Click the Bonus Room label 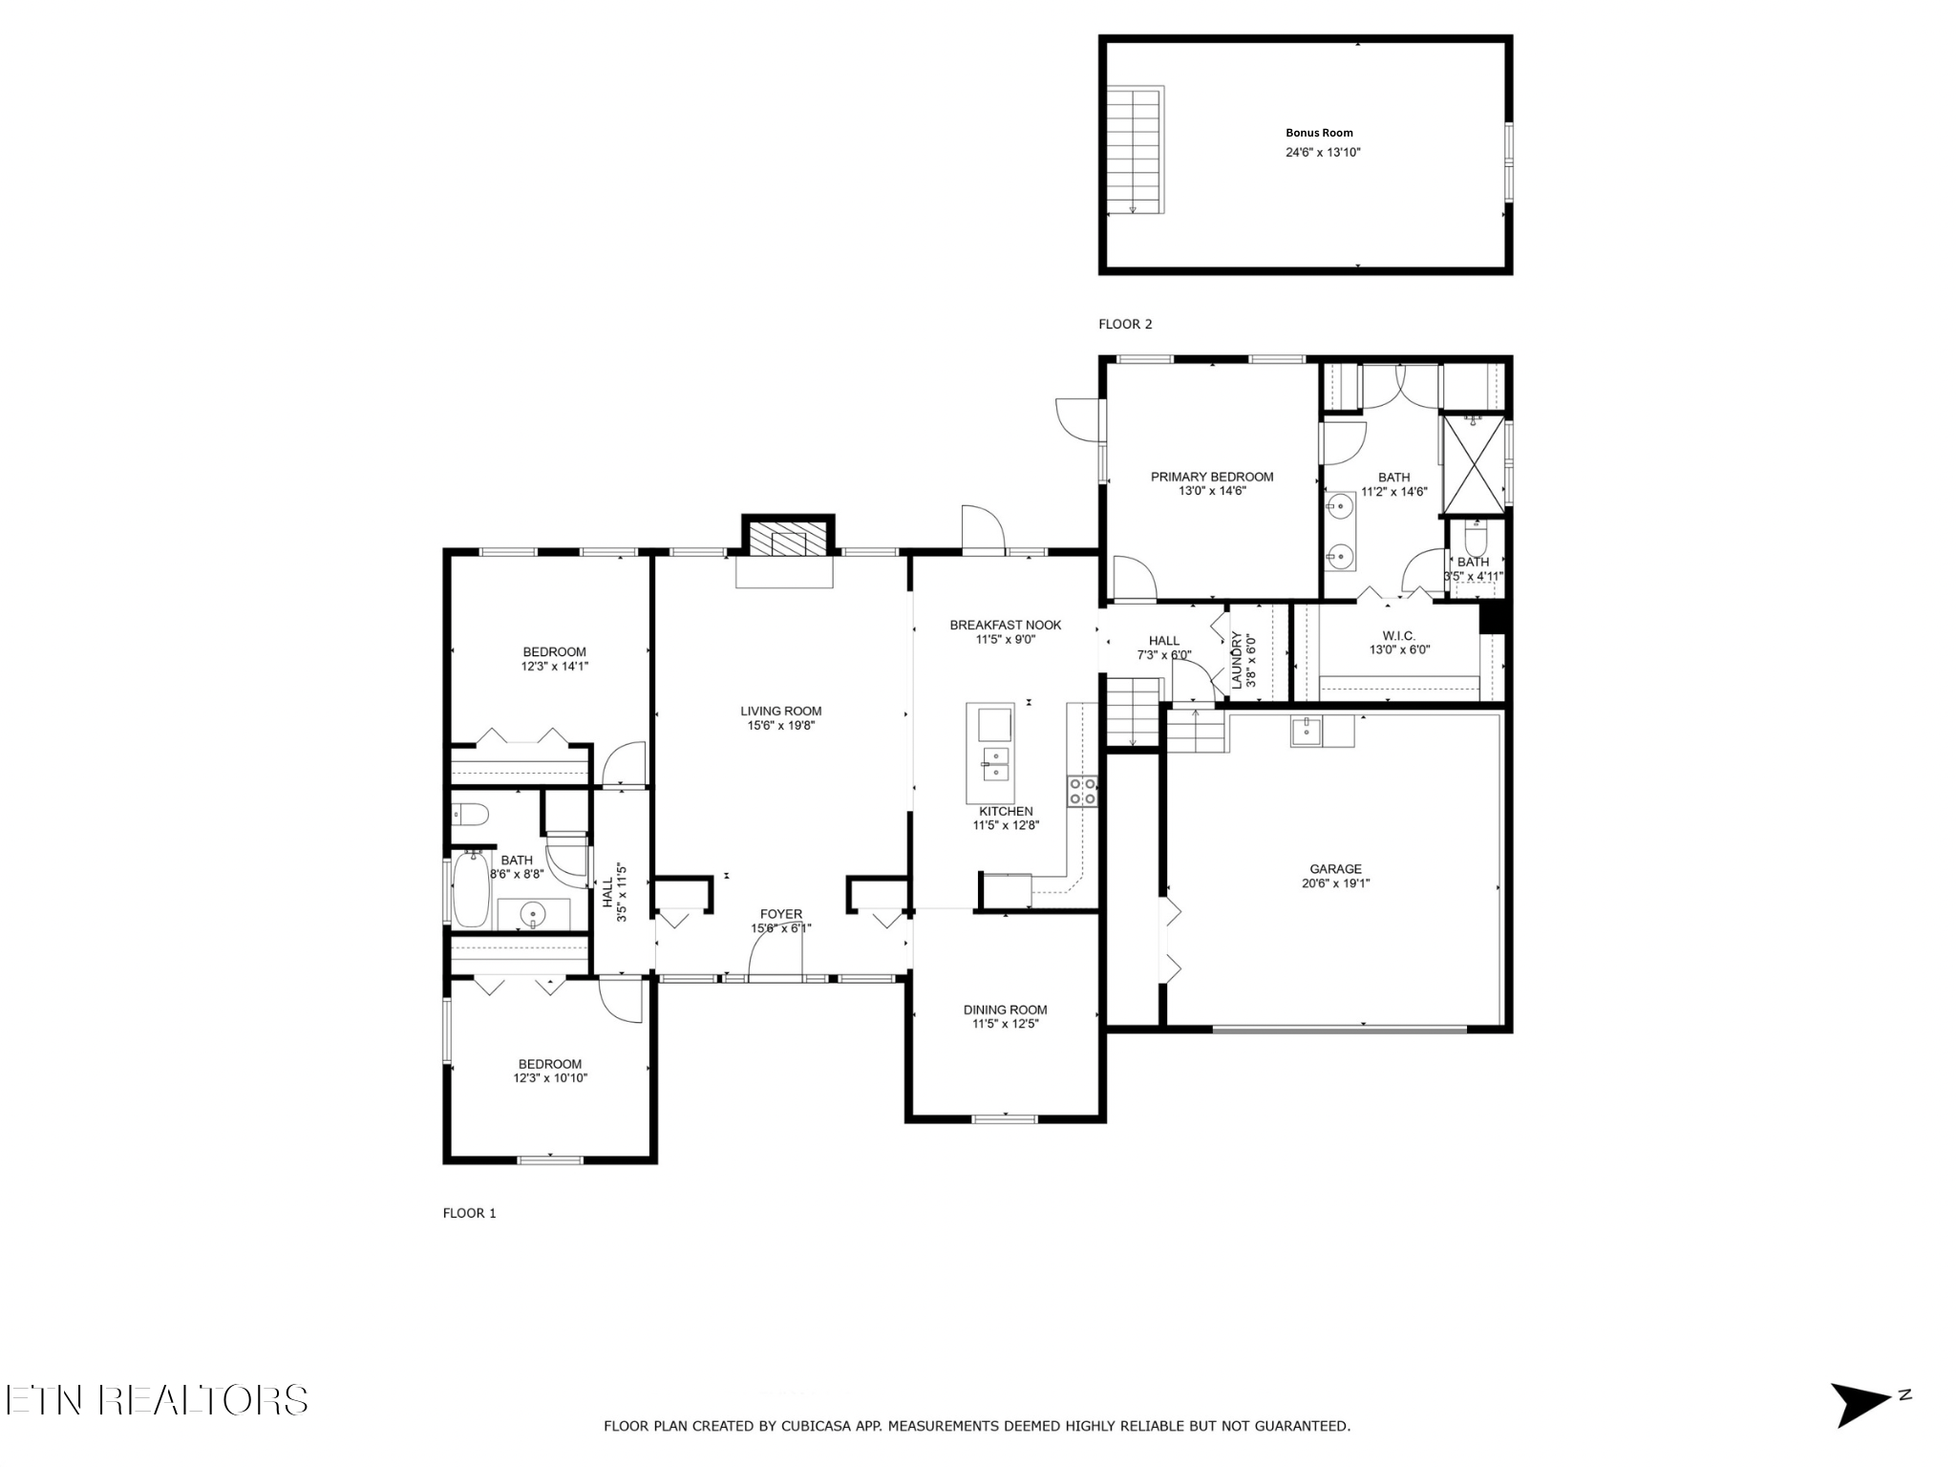coord(1319,133)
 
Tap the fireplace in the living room coord(788,542)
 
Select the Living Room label coord(780,711)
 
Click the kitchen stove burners coord(1082,791)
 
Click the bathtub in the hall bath coord(471,888)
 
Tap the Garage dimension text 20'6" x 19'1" coord(1335,883)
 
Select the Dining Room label coord(1005,1010)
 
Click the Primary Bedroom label coord(1212,477)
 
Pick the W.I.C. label coord(1399,636)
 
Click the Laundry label coord(1237,660)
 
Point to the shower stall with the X coord(1473,463)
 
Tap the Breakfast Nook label coord(1005,626)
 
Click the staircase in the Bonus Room coord(1135,150)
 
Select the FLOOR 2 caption coord(1125,324)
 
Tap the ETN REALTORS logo coord(157,1400)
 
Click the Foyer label coord(781,914)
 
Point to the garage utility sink coord(1306,732)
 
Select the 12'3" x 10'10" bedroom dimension coord(550,1078)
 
